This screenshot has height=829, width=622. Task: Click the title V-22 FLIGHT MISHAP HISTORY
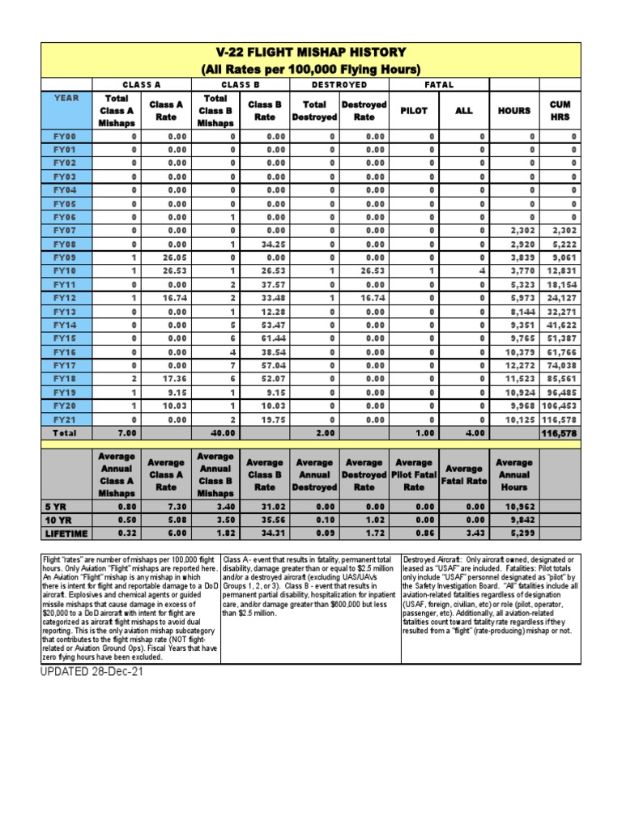tap(310, 53)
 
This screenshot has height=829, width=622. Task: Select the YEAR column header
tap(66, 97)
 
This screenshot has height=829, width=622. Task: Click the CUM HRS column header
tap(560, 111)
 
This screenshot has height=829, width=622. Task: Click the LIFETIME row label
tap(66, 534)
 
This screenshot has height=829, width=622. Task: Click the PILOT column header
tap(414, 111)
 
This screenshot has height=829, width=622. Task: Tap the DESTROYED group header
tap(339, 84)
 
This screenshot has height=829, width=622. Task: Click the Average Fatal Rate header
tap(463, 474)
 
